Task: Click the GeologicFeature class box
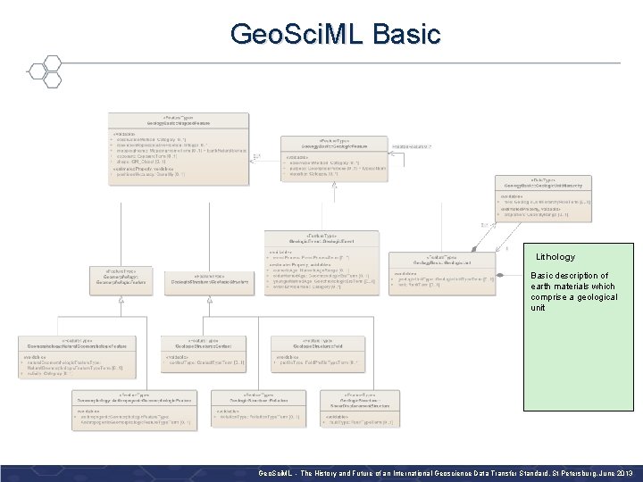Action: pyautogui.click(x=331, y=157)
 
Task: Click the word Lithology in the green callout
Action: pyautogui.click(x=555, y=257)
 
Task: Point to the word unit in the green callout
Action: pyautogui.click(x=539, y=308)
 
